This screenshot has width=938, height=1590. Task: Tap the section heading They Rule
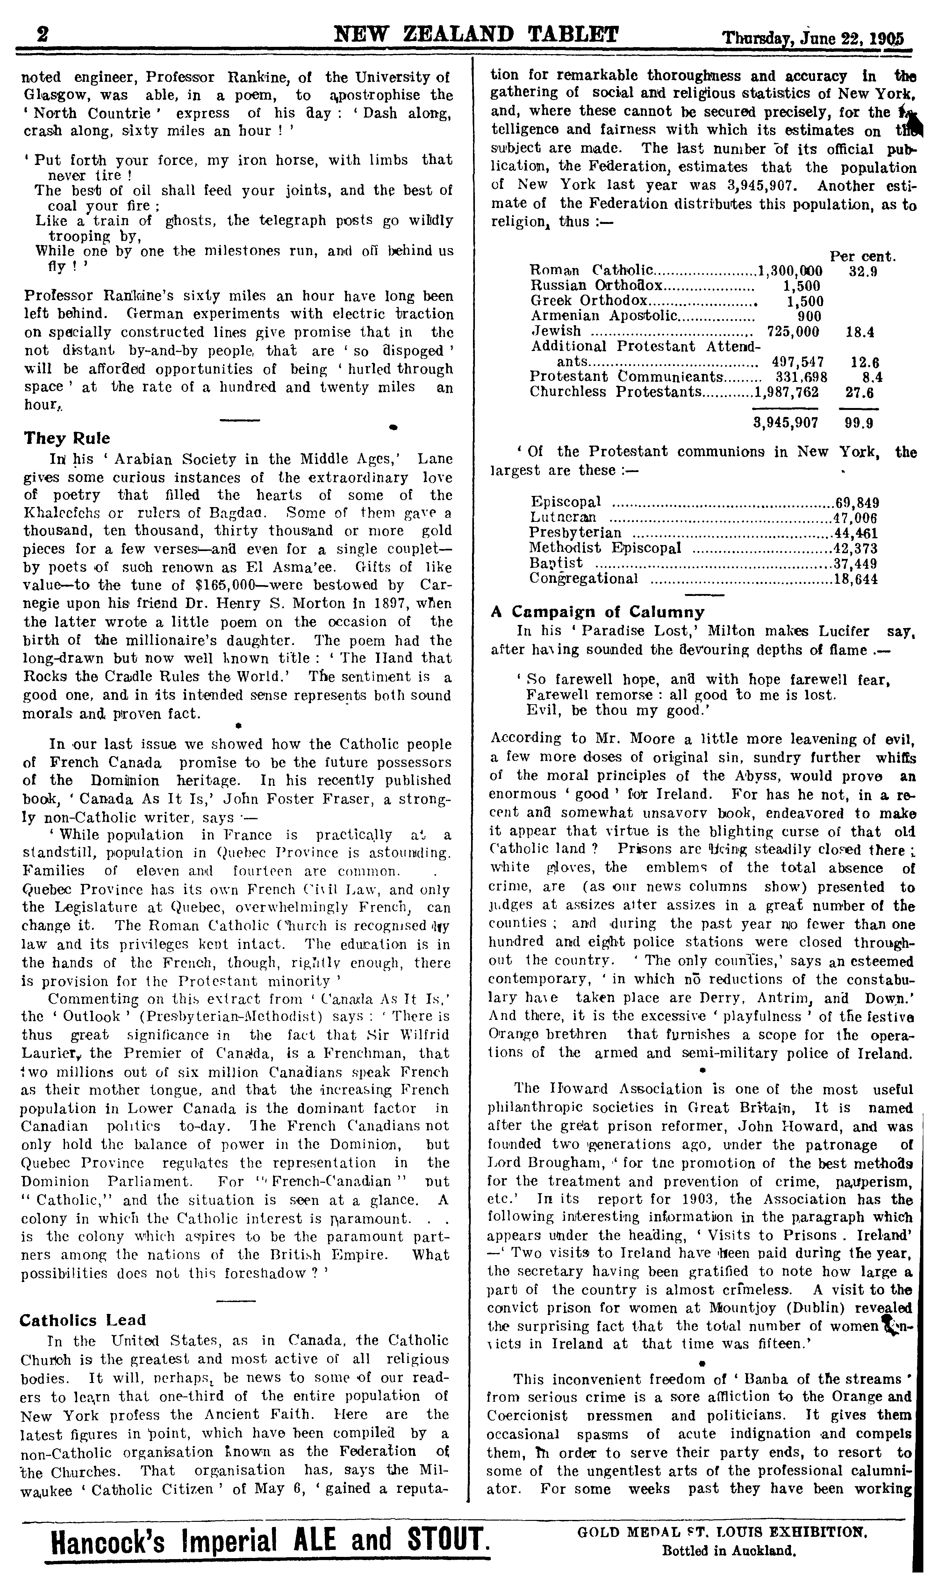click(66, 438)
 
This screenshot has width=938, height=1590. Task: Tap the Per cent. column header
click(862, 257)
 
